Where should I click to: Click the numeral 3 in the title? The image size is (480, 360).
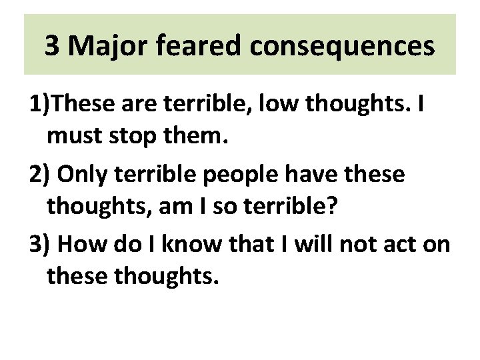click(x=52, y=47)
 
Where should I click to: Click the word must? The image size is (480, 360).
click(x=74, y=138)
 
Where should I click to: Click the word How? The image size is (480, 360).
click(x=82, y=243)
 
